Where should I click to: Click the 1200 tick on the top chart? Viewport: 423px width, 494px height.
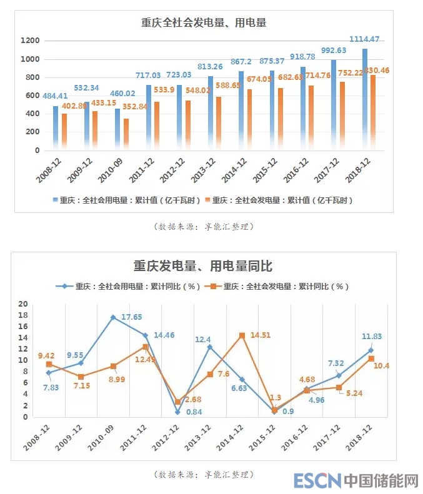[30, 41]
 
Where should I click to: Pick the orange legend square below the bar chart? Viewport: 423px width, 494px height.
[206, 200]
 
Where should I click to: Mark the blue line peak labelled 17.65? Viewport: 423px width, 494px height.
[113, 317]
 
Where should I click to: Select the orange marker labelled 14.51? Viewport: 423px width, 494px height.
[241, 335]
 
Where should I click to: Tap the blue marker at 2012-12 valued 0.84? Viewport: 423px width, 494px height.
[177, 412]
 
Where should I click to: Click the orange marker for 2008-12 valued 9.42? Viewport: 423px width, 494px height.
[49, 364]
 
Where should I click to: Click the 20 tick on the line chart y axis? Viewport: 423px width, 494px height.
[24, 304]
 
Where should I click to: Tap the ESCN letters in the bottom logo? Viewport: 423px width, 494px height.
[317, 480]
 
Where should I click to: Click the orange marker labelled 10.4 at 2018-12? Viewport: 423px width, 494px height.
[371, 358]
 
